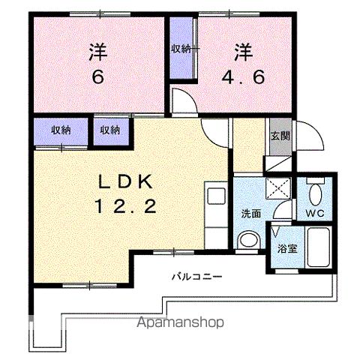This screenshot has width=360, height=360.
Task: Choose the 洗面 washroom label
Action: pos(250,213)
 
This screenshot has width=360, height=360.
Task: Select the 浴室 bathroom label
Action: pos(286,248)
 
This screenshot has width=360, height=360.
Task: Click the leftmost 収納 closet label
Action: pos(61,130)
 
